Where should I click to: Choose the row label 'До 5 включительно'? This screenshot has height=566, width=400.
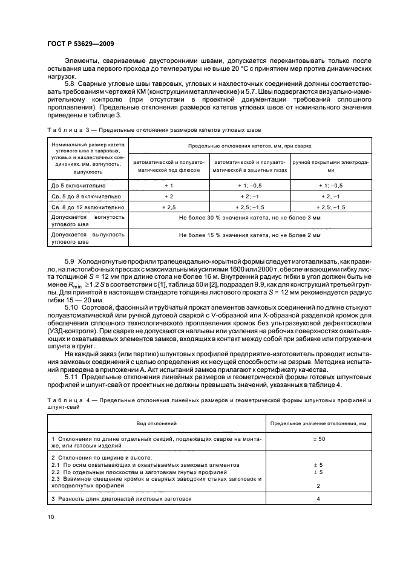[x=78, y=186]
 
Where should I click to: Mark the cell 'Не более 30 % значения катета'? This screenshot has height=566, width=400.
[x=249, y=216]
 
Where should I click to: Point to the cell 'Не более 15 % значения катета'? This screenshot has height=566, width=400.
[x=249, y=234]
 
